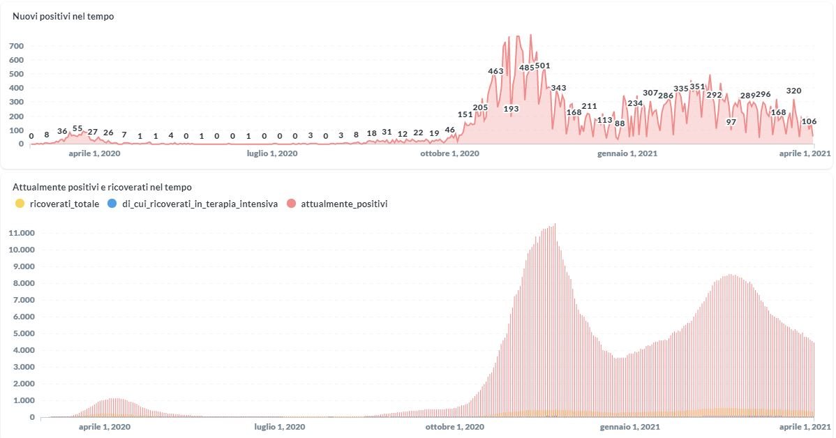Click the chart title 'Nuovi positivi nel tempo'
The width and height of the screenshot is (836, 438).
(x=64, y=16)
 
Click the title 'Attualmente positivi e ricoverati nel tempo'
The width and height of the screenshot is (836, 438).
(x=102, y=187)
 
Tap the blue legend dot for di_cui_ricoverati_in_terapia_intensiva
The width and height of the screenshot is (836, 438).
(x=112, y=204)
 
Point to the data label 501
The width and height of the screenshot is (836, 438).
(x=543, y=66)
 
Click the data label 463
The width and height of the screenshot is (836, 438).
(x=495, y=71)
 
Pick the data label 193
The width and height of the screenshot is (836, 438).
(x=511, y=109)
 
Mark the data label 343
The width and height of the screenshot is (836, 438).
(x=558, y=88)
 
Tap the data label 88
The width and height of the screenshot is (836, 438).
(x=620, y=123)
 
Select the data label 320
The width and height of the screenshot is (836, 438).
(x=793, y=91)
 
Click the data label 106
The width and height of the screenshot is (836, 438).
(x=809, y=121)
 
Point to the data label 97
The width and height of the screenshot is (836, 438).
(x=731, y=122)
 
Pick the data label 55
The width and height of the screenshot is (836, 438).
(x=77, y=128)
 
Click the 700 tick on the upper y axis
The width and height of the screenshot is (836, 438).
(x=16, y=46)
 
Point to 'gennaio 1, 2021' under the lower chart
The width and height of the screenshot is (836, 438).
(x=627, y=425)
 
